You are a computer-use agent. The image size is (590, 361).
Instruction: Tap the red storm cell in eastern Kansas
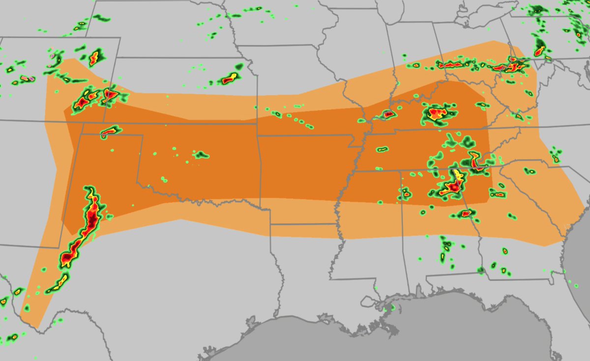click(x=230, y=78)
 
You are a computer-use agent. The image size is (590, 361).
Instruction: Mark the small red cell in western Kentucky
click(x=388, y=114)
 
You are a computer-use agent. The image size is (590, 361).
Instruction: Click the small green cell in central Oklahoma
click(x=200, y=155)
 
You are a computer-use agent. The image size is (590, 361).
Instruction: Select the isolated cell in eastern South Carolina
click(x=555, y=158)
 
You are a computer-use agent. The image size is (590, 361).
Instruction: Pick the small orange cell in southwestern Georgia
click(x=505, y=251)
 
